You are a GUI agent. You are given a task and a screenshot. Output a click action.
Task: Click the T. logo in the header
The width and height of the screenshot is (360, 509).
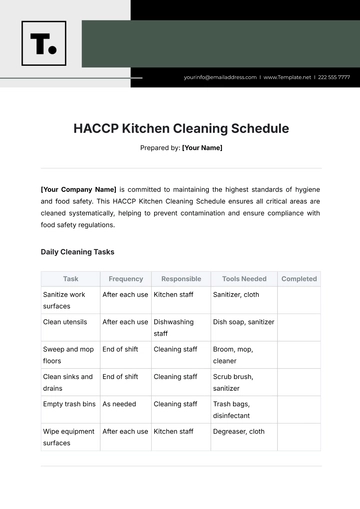point(43,43)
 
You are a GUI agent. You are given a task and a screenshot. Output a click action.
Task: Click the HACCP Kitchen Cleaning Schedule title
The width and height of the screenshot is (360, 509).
point(181,128)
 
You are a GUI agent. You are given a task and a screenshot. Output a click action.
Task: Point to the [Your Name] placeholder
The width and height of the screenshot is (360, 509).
point(202,148)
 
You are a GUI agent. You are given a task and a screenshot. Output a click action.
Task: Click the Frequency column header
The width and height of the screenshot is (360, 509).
point(126,279)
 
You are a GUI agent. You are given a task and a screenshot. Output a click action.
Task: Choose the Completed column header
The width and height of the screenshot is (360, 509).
point(299,279)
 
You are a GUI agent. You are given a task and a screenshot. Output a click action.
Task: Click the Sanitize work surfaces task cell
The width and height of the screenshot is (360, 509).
point(64,300)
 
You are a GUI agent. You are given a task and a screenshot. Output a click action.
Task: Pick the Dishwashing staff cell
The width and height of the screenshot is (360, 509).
point(174,328)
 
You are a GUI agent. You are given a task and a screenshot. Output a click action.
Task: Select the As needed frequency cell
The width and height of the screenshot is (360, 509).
point(119,404)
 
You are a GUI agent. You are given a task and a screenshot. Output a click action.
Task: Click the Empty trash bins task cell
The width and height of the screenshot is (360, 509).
point(69,404)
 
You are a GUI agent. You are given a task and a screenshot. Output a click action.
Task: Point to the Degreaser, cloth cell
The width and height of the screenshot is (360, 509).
point(239,431)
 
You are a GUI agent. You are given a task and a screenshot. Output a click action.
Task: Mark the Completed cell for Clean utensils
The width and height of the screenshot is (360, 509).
point(299,328)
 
